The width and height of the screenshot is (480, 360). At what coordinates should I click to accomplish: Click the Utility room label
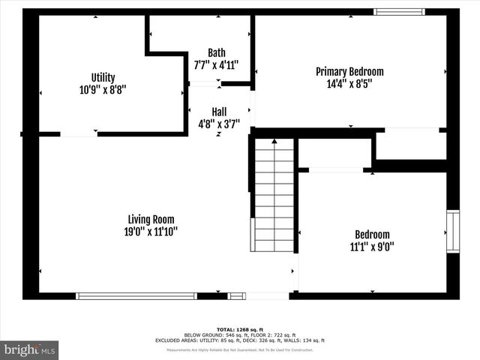coord(103,77)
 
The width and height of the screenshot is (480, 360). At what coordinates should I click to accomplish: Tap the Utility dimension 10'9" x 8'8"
coord(103,89)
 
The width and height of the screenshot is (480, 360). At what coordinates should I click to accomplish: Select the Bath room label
coord(216,52)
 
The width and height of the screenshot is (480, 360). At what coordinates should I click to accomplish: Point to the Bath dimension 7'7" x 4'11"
coord(216,64)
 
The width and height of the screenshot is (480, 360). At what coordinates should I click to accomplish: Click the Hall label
coord(218,111)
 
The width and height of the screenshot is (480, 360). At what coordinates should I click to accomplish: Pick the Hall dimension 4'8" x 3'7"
coord(218,123)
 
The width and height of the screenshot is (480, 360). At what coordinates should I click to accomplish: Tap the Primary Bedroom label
coord(349,72)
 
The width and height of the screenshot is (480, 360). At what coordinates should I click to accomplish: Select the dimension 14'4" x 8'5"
coord(349,84)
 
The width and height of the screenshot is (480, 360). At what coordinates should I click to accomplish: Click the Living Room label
coord(150,220)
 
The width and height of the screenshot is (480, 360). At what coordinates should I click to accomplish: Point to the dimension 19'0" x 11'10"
coord(150,232)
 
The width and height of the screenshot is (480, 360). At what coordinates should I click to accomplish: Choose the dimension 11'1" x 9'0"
coord(372,246)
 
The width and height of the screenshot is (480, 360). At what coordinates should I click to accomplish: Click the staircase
coord(274,196)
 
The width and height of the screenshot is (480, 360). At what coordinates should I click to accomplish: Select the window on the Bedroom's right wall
coord(453,232)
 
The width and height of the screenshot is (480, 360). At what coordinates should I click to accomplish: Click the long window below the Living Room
coord(136,296)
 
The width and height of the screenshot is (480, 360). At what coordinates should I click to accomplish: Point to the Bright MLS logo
coord(29,349)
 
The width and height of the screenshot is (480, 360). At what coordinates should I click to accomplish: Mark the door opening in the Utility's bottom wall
coord(79,134)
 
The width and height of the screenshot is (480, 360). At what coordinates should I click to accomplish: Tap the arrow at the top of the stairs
coord(274,141)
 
